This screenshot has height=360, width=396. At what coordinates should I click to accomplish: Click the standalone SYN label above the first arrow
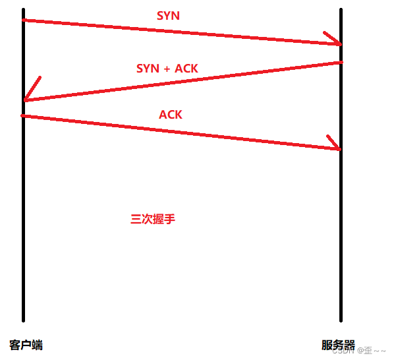coord(168,16)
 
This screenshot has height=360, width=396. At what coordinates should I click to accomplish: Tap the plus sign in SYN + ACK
coord(167,69)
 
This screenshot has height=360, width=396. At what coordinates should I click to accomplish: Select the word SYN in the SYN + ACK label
coord(148,69)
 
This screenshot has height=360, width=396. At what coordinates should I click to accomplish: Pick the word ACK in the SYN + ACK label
coord(186,69)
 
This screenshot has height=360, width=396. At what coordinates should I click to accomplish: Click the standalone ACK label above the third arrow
coord(171,115)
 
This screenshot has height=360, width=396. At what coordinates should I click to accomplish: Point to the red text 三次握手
coord(153,220)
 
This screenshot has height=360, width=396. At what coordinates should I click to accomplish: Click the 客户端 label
coord(26,345)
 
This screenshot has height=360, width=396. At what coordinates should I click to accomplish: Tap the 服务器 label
coord(338,345)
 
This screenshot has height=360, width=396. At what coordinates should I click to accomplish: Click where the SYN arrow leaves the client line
coord(24,20)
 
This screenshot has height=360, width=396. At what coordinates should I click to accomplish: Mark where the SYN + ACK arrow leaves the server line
coord(341,63)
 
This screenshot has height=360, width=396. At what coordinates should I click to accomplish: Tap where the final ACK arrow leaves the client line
coord(24,116)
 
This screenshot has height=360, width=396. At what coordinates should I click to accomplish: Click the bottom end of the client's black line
coord(24,320)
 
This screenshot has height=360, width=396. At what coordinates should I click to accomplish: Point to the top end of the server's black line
coord(341,10)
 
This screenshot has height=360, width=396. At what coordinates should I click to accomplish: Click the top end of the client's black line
coord(24,10)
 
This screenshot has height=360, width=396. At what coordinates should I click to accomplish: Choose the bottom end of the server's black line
coord(341,320)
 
